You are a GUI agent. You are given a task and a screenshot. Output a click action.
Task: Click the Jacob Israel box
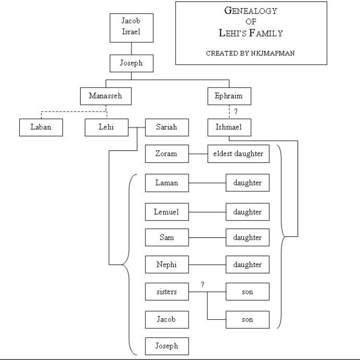pyautogui.click(x=131, y=27)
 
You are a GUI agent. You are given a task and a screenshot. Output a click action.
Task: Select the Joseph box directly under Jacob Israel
pyautogui.click(x=131, y=63)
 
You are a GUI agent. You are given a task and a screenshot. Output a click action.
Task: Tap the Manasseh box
pyautogui.click(x=105, y=96)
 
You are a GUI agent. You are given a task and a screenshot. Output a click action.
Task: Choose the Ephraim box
pyautogui.click(x=228, y=96)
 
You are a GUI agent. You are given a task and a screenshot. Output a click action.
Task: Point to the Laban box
pyautogui.click(x=40, y=127)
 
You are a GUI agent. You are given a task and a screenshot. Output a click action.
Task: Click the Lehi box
pyautogui.click(x=107, y=127)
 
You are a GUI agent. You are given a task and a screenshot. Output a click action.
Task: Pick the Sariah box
pyautogui.click(x=167, y=127)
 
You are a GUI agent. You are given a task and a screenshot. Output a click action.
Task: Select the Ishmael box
pyautogui.click(x=228, y=127)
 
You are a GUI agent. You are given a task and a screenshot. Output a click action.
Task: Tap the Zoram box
pyautogui.click(x=167, y=154)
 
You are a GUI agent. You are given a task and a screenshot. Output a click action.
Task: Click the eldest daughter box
pyautogui.click(x=238, y=154)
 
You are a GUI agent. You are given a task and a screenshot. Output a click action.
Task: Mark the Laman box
pyautogui.click(x=167, y=183)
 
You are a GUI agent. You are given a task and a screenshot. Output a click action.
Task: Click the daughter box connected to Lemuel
pyautogui.click(x=247, y=212)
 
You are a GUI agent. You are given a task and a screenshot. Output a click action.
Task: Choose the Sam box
pyautogui.click(x=167, y=237)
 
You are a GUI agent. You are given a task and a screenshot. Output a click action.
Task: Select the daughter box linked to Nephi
pyautogui.click(x=247, y=265)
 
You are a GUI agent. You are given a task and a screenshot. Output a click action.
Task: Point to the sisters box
pyautogui.click(x=167, y=292)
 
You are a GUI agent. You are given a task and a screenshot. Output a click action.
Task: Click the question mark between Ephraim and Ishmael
pyautogui.click(x=236, y=112)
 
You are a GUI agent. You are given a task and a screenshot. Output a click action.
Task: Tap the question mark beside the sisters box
pyautogui.click(x=203, y=285)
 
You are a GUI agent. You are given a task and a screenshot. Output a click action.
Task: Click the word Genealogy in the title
pyautogui.click(x=251, y=11)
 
